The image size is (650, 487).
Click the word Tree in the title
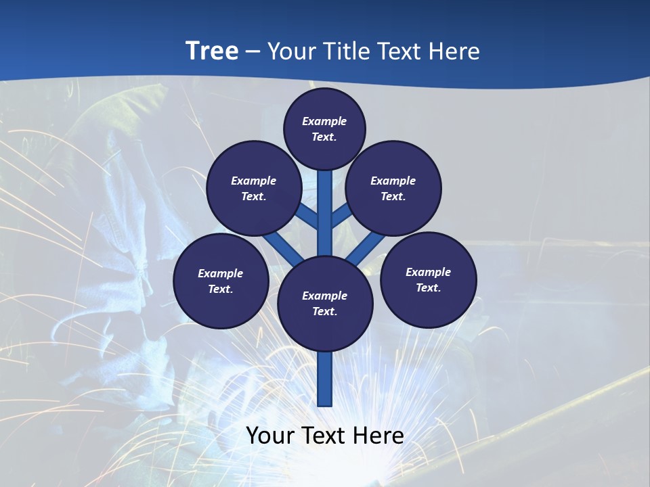(212, 51)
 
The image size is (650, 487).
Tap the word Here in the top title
(456, 51)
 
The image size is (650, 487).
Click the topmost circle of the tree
(324, 129)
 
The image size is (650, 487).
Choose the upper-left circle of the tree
(253, 188)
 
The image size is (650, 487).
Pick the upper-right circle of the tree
(393, 188)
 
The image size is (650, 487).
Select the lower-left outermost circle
(221, 281)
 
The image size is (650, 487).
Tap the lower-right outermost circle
(429, 279)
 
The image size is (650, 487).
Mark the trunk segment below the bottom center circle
(325, 379)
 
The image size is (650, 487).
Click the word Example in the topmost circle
(324, 121)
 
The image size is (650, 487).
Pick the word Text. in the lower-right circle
(429, 287)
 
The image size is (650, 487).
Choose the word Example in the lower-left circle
(221, 273)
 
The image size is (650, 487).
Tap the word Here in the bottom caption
(380, 436)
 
